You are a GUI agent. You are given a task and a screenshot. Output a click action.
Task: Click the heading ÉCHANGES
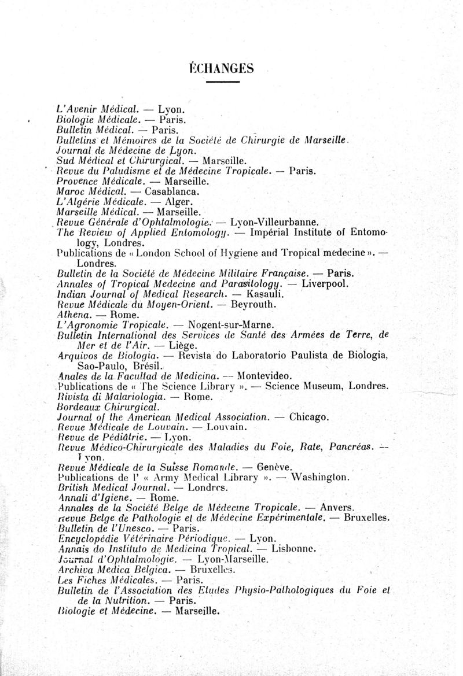[221, 68]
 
